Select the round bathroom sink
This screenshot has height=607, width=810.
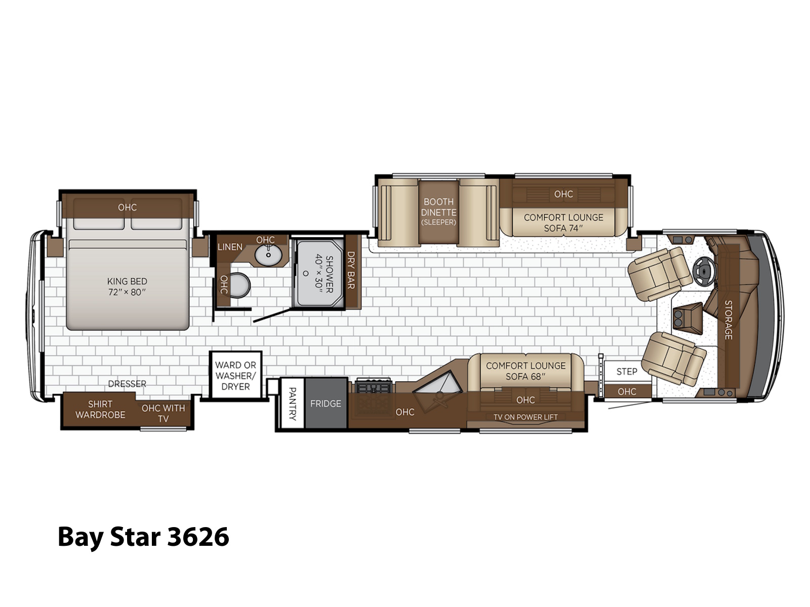click(268, 255)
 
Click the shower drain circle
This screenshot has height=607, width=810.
click(306, 274)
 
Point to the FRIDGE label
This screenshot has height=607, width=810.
click(326, 404)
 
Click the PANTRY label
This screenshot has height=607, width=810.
click(292, 404)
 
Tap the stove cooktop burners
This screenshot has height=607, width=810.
click(373, 386)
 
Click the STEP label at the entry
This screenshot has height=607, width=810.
click(627, 371)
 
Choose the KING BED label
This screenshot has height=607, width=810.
click(127, 287)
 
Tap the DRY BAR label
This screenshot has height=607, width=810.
click(351, 270)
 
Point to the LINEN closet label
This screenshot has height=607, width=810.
click(230, 247)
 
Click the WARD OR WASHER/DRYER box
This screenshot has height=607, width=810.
click(235, 375)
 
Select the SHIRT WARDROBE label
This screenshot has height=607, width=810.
click(100, 409)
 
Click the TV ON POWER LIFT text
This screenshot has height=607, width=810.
click(525, 417)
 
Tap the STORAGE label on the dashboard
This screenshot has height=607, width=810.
click(728, 320)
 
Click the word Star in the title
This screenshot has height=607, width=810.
click(135, 537)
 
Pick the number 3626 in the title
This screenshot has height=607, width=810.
click(198, 537)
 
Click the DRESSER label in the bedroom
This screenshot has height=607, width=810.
click(127, 383)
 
